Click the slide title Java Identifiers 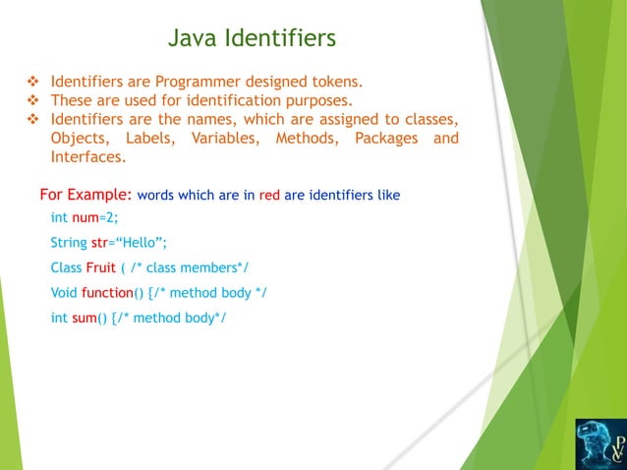click(x=252, y=38)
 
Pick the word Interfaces click(x=87, y=157)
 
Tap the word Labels click(x=148, y=138)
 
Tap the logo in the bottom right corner click(x=599, y=443)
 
